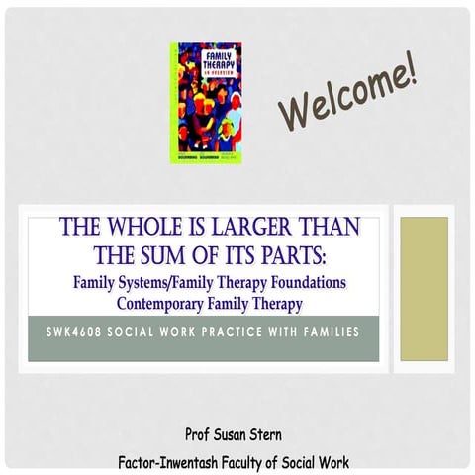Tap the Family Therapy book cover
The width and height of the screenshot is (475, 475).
point(206,102)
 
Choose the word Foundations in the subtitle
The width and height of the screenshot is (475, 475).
point(307,283)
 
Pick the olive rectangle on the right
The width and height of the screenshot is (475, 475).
point(424,288)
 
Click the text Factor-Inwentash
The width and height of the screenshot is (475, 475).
point(168,461)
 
